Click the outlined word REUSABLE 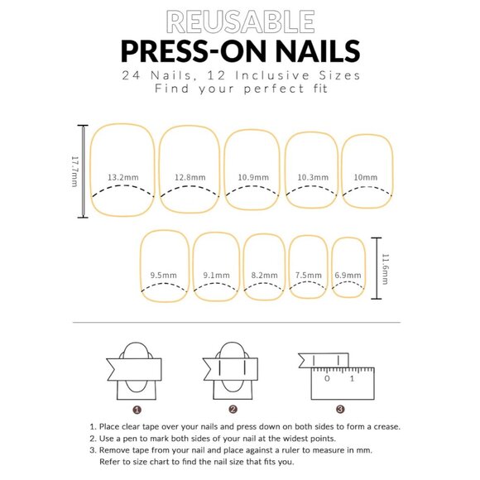point(240,22)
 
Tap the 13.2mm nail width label point(123,177)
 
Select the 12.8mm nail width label point(190,177)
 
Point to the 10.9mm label point(253,177)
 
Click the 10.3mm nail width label point(313,177)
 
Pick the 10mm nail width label point(366,177)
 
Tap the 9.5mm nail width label point(164,276)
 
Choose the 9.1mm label point(217,276)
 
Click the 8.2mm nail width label point(265,276)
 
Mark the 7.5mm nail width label point(309,276)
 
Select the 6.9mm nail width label point(348,276)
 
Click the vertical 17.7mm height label point(74,171)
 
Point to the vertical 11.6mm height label point(385,269)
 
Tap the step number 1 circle point(137,410)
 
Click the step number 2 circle point(233,410)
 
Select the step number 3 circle point(340,409)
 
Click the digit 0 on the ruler point(327,379)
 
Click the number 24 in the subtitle point(131,75)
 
